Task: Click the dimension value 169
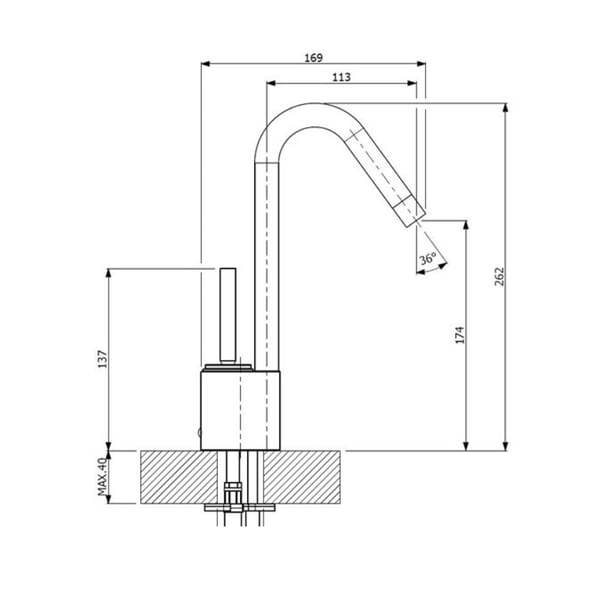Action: coord(313,56)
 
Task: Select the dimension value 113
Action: coord(341,75)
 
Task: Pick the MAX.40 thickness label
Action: coord(102,478)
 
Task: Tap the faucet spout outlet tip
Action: coord(413,211)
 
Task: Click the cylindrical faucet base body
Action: coord(242,408)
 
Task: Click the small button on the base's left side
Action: coord(199,433)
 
